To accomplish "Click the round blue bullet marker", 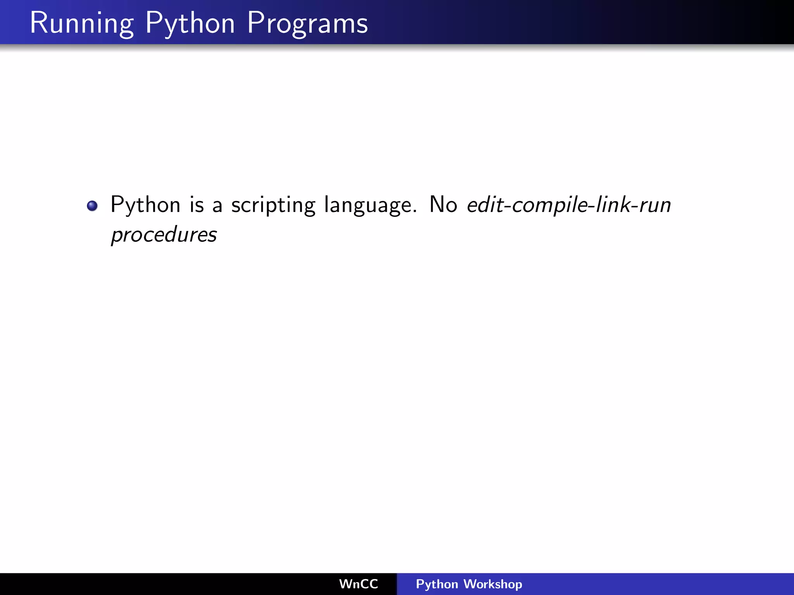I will tap(92, 206).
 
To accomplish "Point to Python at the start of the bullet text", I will tap(145, 205).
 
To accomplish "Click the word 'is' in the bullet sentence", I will tap(197, 205).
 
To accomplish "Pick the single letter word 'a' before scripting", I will tap(217, 206).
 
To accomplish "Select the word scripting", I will tap(273, 205).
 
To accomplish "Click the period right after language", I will tap(415, 211).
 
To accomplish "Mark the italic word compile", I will tap(549, 205).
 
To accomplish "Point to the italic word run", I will tap(655, 206).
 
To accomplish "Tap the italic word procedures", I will tap(164, 235).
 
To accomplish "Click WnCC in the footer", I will tap(358, 584).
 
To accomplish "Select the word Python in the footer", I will tap(437, 584).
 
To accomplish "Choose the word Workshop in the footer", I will tap(493, 584).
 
